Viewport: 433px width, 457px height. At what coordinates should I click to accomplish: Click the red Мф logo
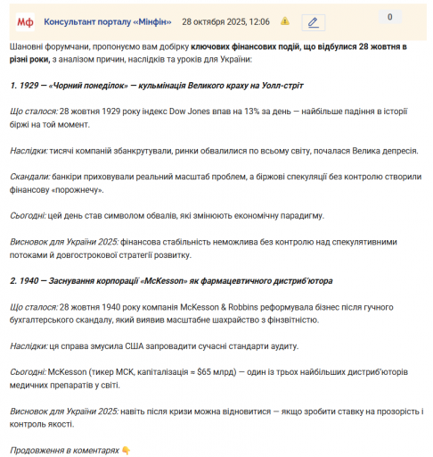click(x=24, y=20)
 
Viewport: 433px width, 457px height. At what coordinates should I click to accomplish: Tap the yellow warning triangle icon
click(x=284, y=20)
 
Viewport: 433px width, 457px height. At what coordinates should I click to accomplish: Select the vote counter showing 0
click(x=389, y=17)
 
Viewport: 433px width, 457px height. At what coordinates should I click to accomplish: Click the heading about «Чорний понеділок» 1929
click(x=158, y=85)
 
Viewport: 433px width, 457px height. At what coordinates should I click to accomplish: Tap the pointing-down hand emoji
click(x=127, y=451)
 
